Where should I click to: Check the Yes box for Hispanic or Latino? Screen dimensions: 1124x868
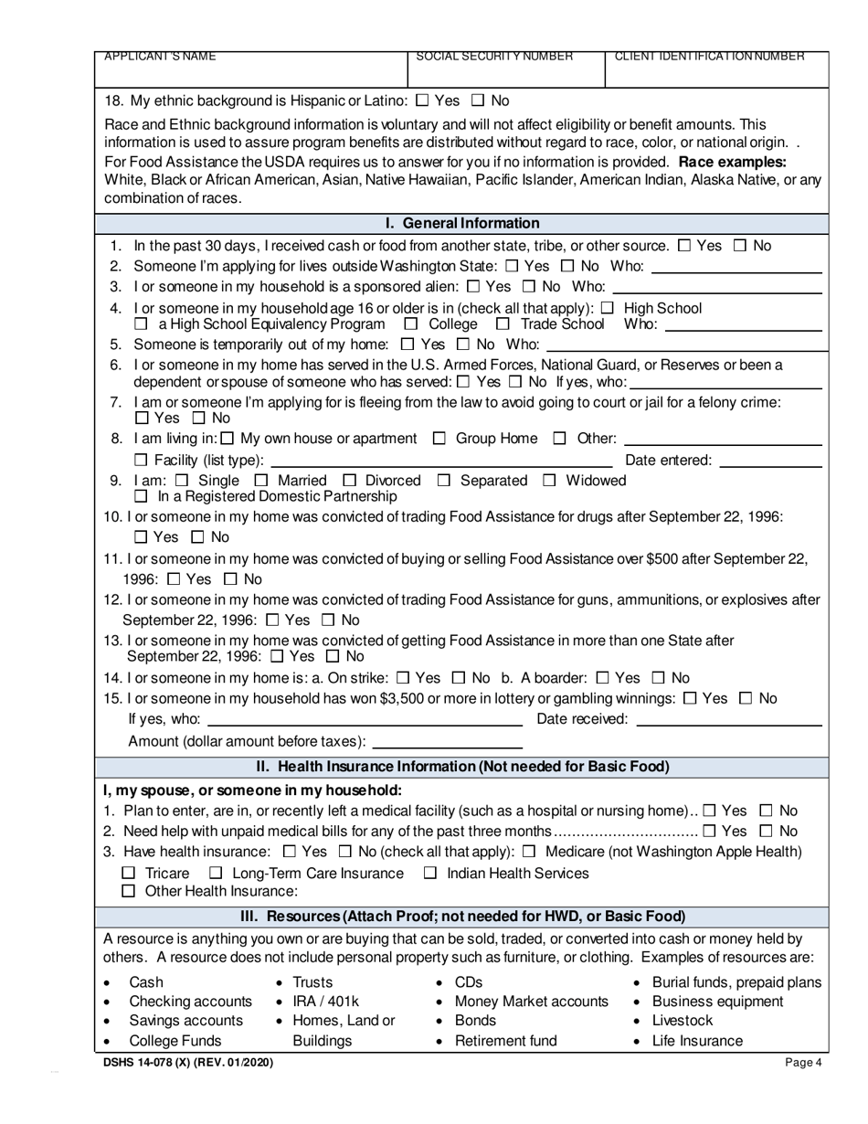422,101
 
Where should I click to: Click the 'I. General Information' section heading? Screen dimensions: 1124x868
462,223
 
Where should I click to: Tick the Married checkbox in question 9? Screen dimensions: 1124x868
261,481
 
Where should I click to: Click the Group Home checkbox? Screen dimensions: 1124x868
439,439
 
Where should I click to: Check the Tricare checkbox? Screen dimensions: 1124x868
129,874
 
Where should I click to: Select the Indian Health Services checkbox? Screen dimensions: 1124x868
430,874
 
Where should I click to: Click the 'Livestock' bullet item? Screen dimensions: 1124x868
682,1021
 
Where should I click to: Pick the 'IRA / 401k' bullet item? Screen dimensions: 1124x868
325,1002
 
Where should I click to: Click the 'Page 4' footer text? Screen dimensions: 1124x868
803,1063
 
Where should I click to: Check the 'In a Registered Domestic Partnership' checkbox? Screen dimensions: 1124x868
141,497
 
